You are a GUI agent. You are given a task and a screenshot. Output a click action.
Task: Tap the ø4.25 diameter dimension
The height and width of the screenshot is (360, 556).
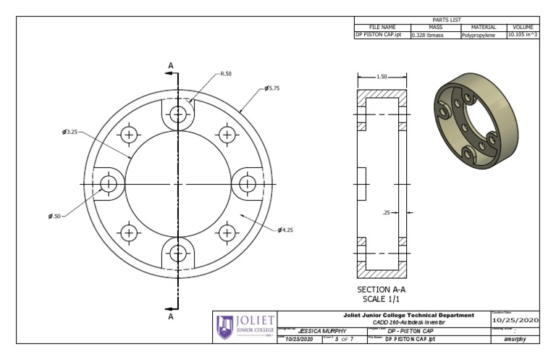coord(285,230)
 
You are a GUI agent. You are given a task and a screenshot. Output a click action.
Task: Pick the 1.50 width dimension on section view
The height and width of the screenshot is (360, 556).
coord(382,76)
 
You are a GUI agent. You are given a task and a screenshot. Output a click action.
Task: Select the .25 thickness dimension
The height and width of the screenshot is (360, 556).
coord(387,212)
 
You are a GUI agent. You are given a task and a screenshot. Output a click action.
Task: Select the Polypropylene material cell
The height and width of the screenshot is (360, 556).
coord(479,34)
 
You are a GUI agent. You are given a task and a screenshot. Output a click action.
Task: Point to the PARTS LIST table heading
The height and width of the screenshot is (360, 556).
coord(446,20)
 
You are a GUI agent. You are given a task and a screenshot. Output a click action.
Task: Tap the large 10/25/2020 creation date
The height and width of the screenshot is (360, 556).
coord(515,320)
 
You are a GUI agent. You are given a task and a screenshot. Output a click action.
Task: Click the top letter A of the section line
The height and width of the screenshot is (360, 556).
coord(172,66)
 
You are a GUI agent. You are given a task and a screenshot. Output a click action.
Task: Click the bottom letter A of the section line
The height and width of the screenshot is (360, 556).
coord(172,317)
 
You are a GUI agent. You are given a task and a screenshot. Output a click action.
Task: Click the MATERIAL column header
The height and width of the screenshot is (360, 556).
coord(479,27)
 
